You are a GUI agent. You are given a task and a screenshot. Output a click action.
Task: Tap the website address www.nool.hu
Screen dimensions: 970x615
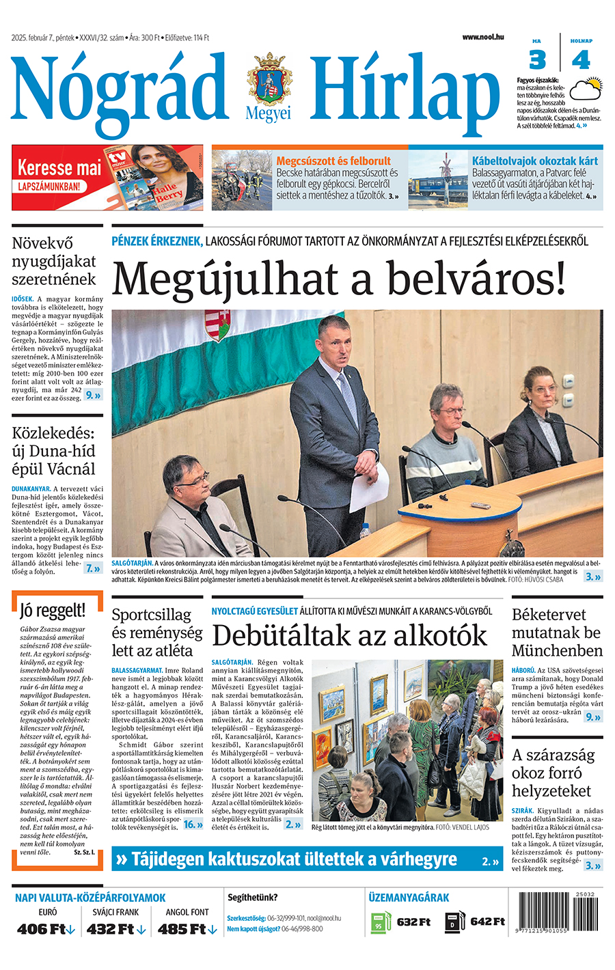tap(482, 37)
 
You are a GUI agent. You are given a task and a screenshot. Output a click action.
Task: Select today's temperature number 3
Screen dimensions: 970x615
tap(538, 60)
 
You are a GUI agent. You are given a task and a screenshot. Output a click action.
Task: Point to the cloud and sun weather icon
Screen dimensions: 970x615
tap(586, 89)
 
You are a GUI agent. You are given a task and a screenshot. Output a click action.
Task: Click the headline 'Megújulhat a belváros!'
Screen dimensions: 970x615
tap(339, 279)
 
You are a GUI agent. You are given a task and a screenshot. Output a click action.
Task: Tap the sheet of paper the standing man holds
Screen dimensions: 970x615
tap(370, 486)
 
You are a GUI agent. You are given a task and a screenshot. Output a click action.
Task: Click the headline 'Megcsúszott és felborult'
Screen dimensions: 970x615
tap(333, 161)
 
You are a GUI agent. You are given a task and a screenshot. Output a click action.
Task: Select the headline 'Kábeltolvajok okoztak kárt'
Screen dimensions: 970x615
tap(534, 161)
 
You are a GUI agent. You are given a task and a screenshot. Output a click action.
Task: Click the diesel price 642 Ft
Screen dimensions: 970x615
tap(487, 921)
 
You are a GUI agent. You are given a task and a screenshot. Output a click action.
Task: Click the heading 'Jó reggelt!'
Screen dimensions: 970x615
tap(53, 610)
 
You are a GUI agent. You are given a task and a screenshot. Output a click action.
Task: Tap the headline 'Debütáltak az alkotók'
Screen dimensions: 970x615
tap(349, 635)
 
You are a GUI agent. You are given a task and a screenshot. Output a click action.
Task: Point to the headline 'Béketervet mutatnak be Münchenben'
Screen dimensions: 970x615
tap(557, 633)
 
